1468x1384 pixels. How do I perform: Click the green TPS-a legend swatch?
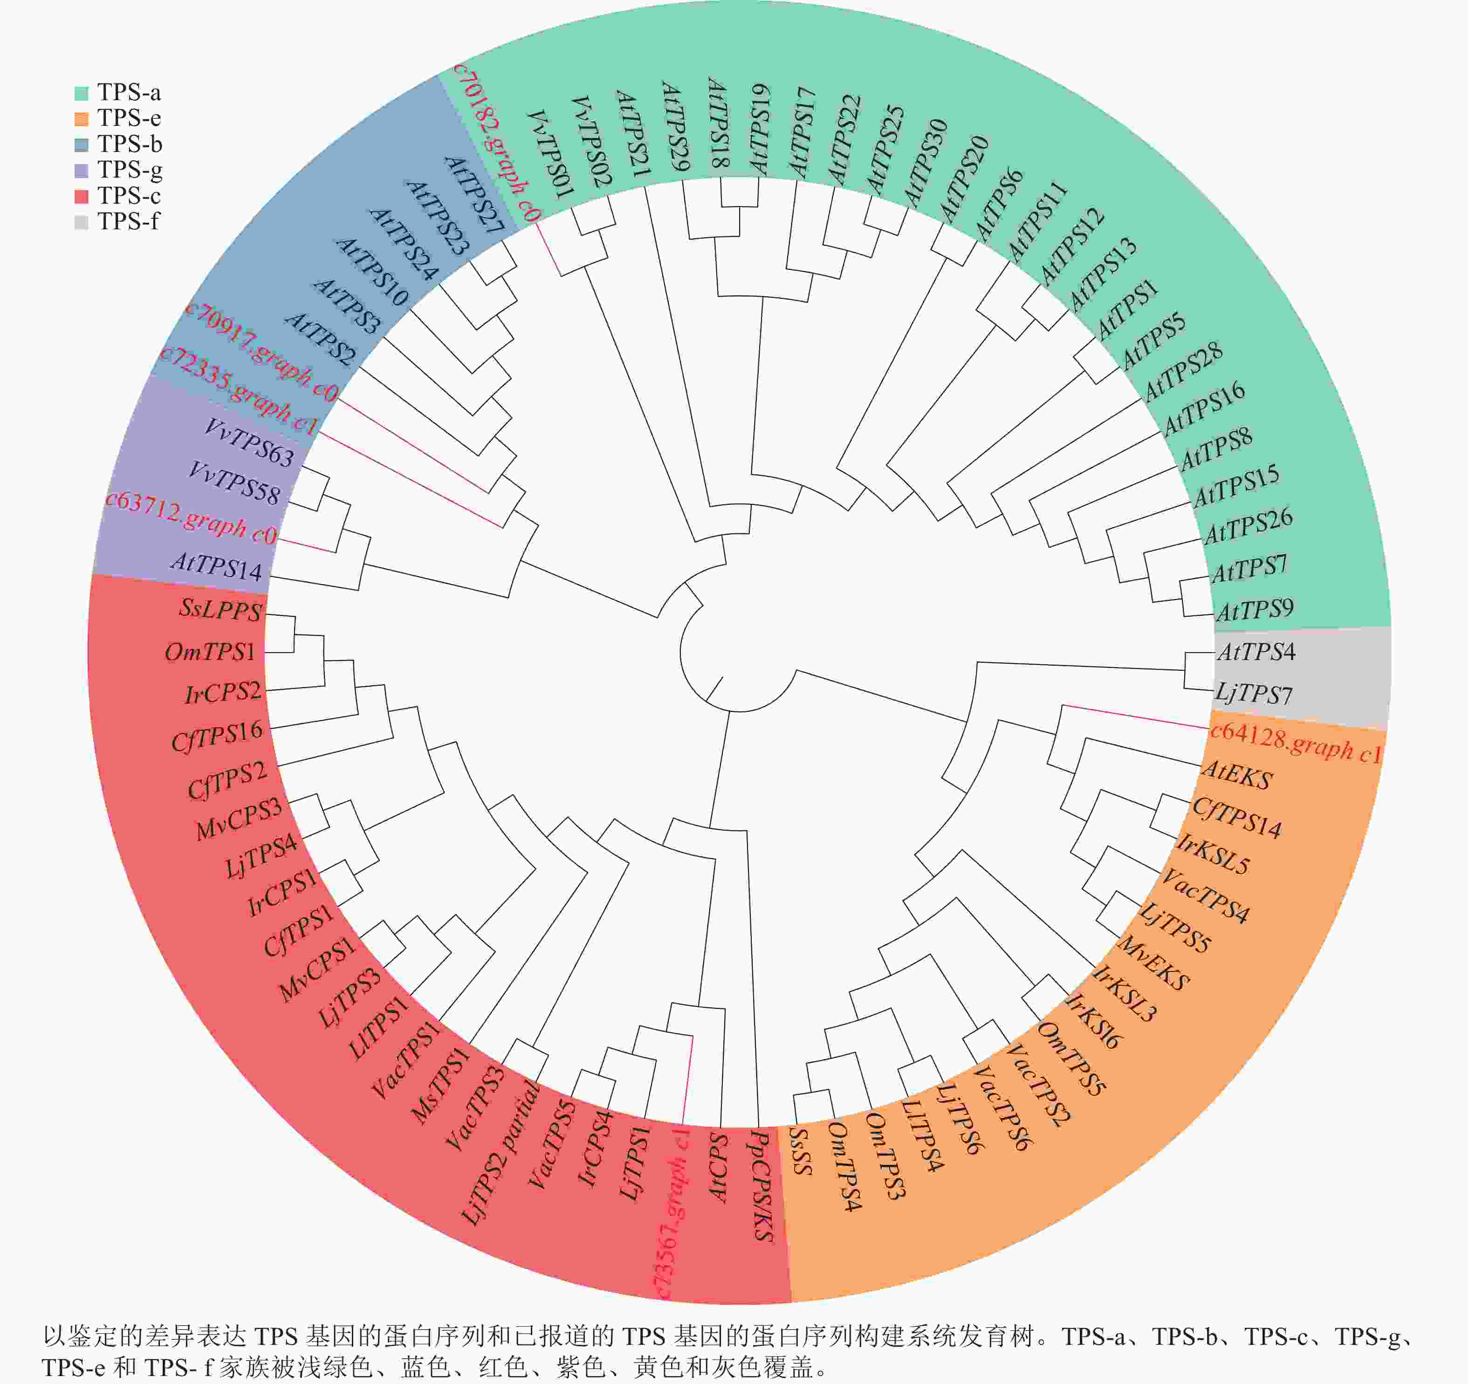pos(81,93)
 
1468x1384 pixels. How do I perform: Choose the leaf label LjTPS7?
pos(1254,694)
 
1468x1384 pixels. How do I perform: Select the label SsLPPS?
pos(220,609)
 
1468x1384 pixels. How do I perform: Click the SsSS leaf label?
pos(801,1150)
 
